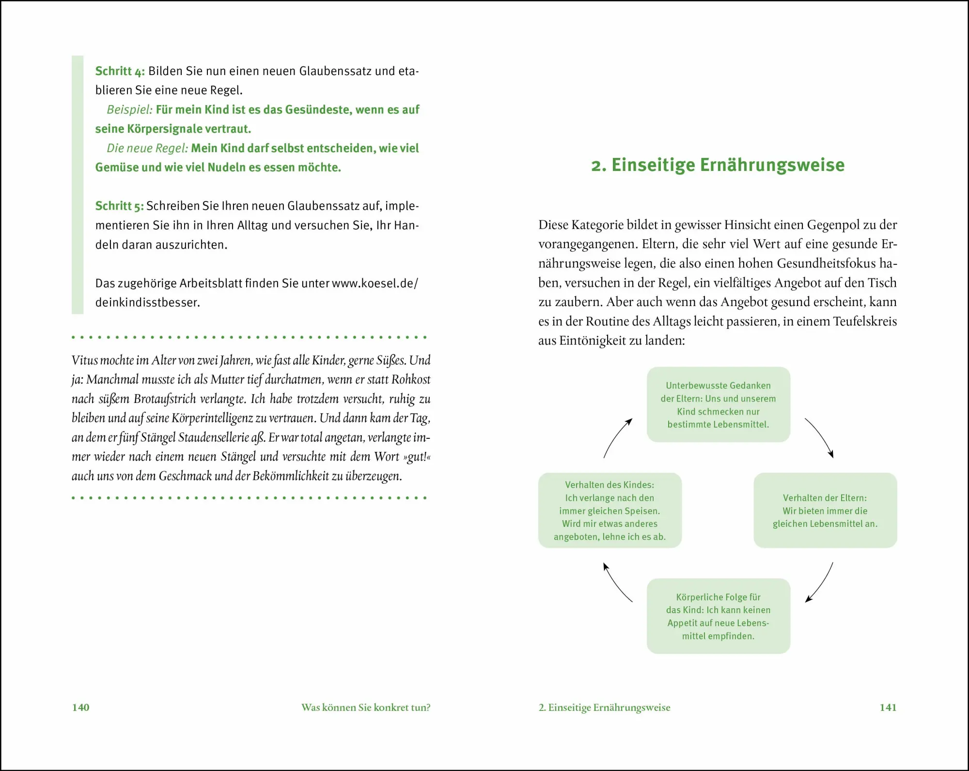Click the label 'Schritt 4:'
pyautogui.click(x=120, y=71)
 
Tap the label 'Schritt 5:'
pyautogui.click(x=119, y=206)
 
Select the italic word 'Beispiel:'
pyautogui.click(x=129, y=110)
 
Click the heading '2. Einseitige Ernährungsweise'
pyautogui.click(x=718, y=165)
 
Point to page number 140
pyautogui.click(x=80, y=708)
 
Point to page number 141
pyautogui.click(x=888, y=708)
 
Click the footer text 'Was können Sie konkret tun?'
pyautogui.click(x=365, y=708)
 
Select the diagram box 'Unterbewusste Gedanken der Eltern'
pyautogui.click(x=718, y=405)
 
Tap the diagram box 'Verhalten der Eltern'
pyautogui.click(x=825, y=510)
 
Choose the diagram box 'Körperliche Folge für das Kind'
pyautogui.click(x=718, y=616)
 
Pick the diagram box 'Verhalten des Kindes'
pyautogui.click(x=610, y=510)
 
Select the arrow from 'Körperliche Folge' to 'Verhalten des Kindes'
pyautogui.click(x=616, y=582)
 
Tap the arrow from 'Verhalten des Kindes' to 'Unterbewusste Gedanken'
pyautogui.click(x=617, y=437)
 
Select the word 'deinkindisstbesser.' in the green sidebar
pyautogui.click(x=147, y=303)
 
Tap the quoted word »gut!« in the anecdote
pyautogui.click(x=417, y=457)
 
